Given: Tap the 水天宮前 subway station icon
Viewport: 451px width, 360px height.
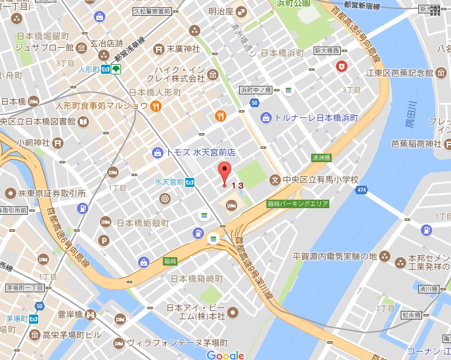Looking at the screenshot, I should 190,182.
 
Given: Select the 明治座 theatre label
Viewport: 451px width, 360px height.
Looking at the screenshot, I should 222,10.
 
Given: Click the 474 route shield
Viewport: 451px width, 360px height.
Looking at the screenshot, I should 361,191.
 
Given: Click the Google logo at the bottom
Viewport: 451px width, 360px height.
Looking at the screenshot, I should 225,355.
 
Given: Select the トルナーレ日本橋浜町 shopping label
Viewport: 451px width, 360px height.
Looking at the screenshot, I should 317,117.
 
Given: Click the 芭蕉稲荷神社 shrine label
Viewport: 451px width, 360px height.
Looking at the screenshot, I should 416,144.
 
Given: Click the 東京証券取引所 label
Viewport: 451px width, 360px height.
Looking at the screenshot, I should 51,194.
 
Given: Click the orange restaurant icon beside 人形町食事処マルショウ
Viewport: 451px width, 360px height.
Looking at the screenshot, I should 156,106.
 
